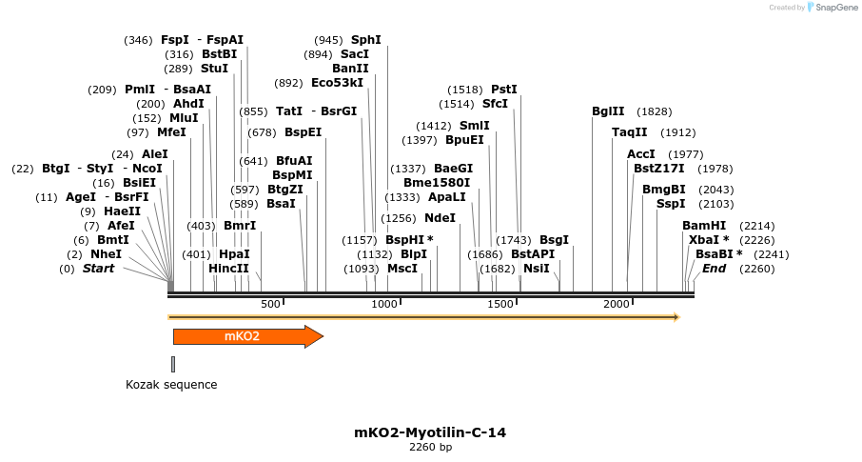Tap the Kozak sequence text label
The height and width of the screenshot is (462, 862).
pyautogui.click(x=171, y=385)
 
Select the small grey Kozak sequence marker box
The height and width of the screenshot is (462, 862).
pyautogui.click(x=173, y=364)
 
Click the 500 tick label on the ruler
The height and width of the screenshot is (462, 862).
pyautogui.click(x=271, y=304)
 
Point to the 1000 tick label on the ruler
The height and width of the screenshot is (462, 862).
pyautogui.click(x=384, y=304)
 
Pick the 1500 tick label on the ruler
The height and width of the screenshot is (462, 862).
pyautogui.click(x=500, y=304)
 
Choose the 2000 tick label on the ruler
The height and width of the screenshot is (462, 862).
pyautogui.click(x=617, y=304)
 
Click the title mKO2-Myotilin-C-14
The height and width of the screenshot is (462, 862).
pyautogui.click(x=430, y=432)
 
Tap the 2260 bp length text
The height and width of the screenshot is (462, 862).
pyautogui.click(x=430, y=447)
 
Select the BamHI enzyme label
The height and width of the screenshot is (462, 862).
pyautogui.click(x=704, y=226)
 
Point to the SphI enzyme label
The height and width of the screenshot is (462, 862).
pyautogui.click(x=366, y=40)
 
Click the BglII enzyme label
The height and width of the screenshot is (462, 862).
pyautogui.click(x=608, y=111)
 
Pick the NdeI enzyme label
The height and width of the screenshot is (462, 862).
pyautogui.click(x=441, y=218)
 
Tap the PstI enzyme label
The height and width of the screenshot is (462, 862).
pyautogui.click(x=504, y=90)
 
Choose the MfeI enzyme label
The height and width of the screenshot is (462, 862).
pyautogui.click(x=171, y=132)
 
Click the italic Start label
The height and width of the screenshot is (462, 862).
pyautogui.click(x=99, y=269)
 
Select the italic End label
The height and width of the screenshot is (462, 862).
pyautogui.click(x=714, y=269)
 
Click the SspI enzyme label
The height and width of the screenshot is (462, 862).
pyautogui.click(x=671, y=204)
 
